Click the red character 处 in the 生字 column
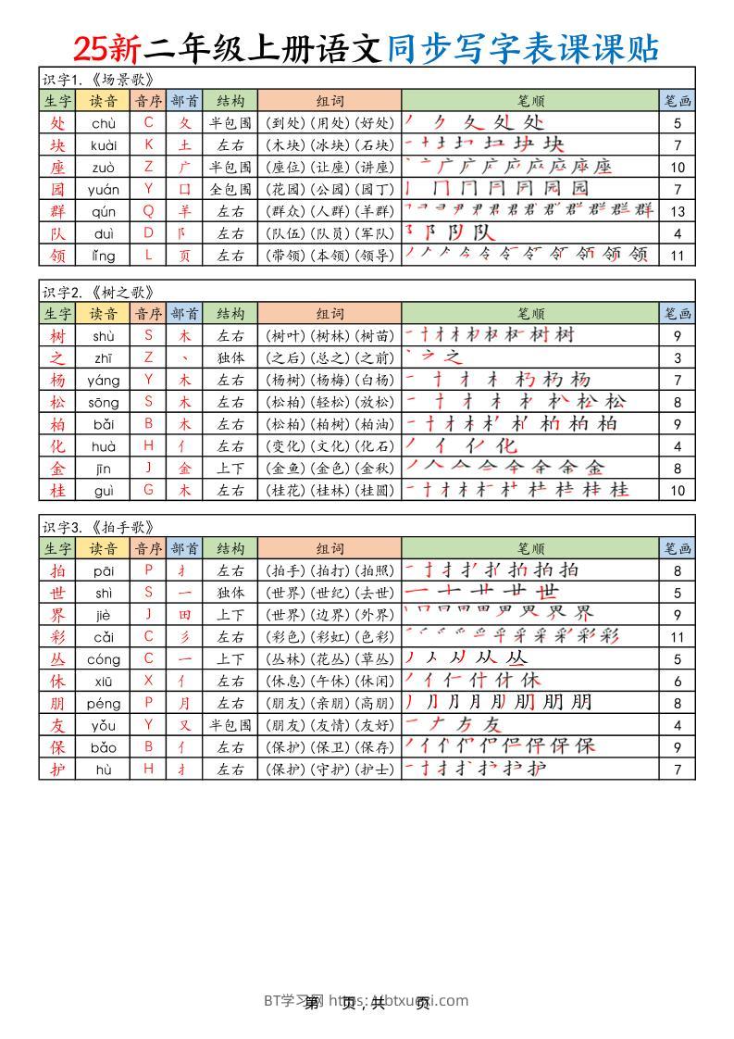(x=57, y=122)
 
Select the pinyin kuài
(x=104, y=144)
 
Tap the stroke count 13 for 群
(x=678, y=211)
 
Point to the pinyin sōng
(x=104, y=402)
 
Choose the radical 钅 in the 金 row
(x=184, y=468)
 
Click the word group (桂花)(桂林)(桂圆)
(x=330, y=490)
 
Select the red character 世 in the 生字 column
(x=57, y=592)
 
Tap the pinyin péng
(x=104, y=703)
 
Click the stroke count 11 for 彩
(x=678, y=636)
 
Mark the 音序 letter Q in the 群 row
(x=148, y=211)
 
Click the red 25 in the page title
(x=93, y=46)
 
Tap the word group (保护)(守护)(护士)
(x=330, y=770)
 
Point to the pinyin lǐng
(x=104, y=255)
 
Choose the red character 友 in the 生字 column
(x=57, y=725)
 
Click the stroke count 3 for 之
(x=678, y=357)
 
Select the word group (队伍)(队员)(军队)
(x=330, y=233)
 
